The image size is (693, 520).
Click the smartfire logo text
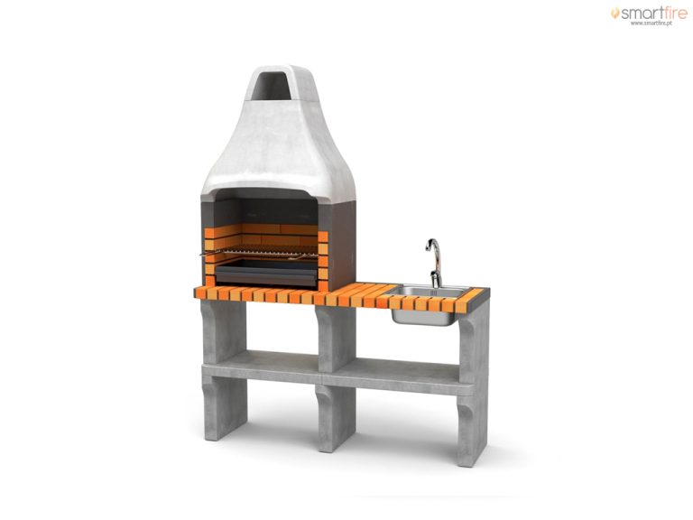click(653, 14)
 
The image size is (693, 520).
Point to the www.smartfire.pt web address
click(651, 23)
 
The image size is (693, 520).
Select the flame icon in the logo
click(614, 13)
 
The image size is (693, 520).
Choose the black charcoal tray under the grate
click(266, 273)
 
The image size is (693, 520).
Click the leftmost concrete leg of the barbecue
click(223, 369)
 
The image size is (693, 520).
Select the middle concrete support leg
click(336, 378)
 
